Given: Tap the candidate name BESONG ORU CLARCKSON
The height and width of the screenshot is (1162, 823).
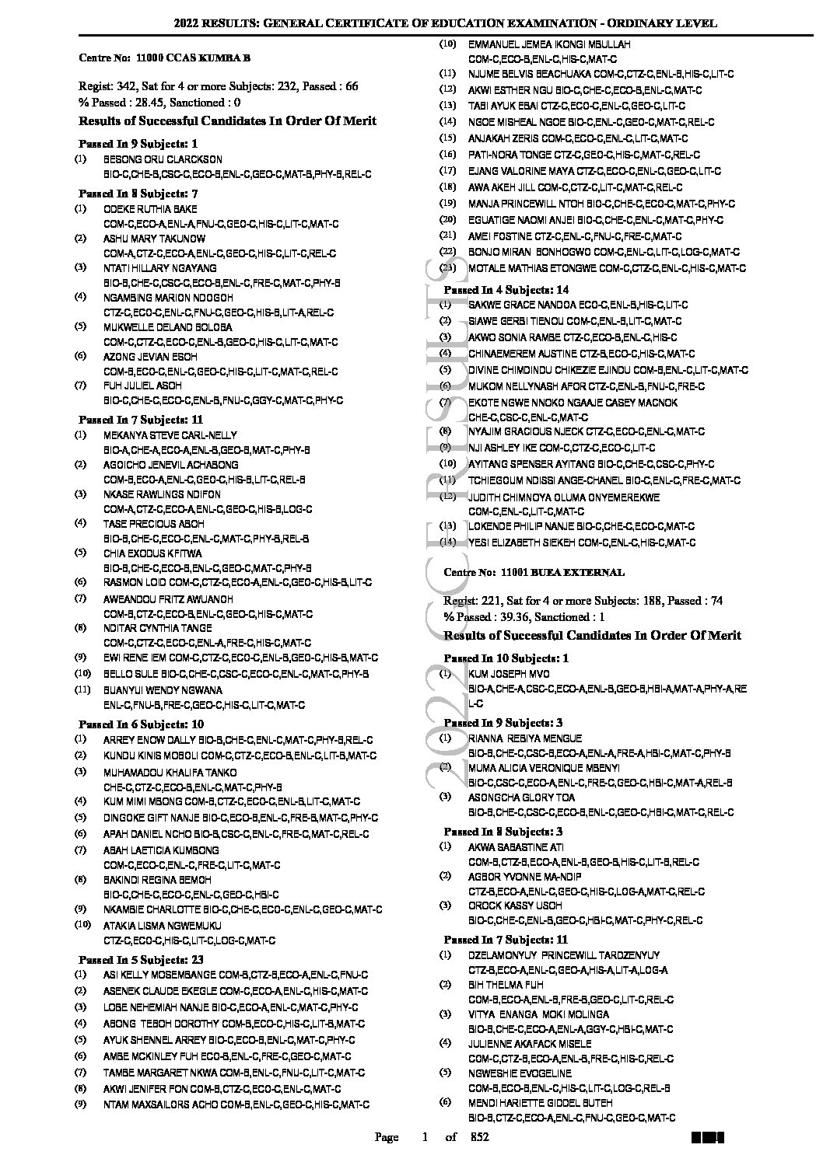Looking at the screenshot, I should point(163,160).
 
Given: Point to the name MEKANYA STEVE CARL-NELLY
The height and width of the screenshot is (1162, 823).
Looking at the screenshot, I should point(170,435).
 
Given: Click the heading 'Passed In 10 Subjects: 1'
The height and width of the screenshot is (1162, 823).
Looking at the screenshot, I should point(506,658).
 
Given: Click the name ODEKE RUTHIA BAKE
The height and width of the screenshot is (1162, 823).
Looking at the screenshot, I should point(150,209).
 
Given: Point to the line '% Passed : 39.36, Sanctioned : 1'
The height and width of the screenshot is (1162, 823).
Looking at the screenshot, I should point(524,617).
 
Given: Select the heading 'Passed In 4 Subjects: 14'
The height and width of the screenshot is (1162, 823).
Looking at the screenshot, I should point(506,290).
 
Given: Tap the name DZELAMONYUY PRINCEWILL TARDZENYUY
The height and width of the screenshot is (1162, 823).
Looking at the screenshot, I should point(564,955).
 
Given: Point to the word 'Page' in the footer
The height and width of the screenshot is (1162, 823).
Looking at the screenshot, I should point(387,1138).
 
